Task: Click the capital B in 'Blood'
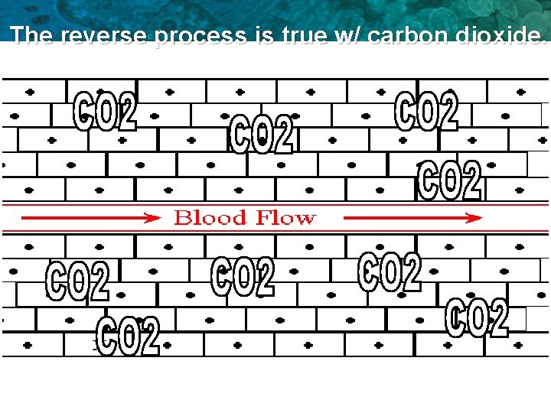182,218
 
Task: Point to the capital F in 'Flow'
262,218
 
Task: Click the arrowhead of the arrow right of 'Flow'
475,218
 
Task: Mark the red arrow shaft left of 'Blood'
84,218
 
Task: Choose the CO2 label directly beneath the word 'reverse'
105,111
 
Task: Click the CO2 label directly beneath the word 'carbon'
426,111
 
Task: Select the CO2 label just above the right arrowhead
450,180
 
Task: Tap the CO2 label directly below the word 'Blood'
243,276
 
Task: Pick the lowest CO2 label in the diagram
129,337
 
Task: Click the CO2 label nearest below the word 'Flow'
390,272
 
